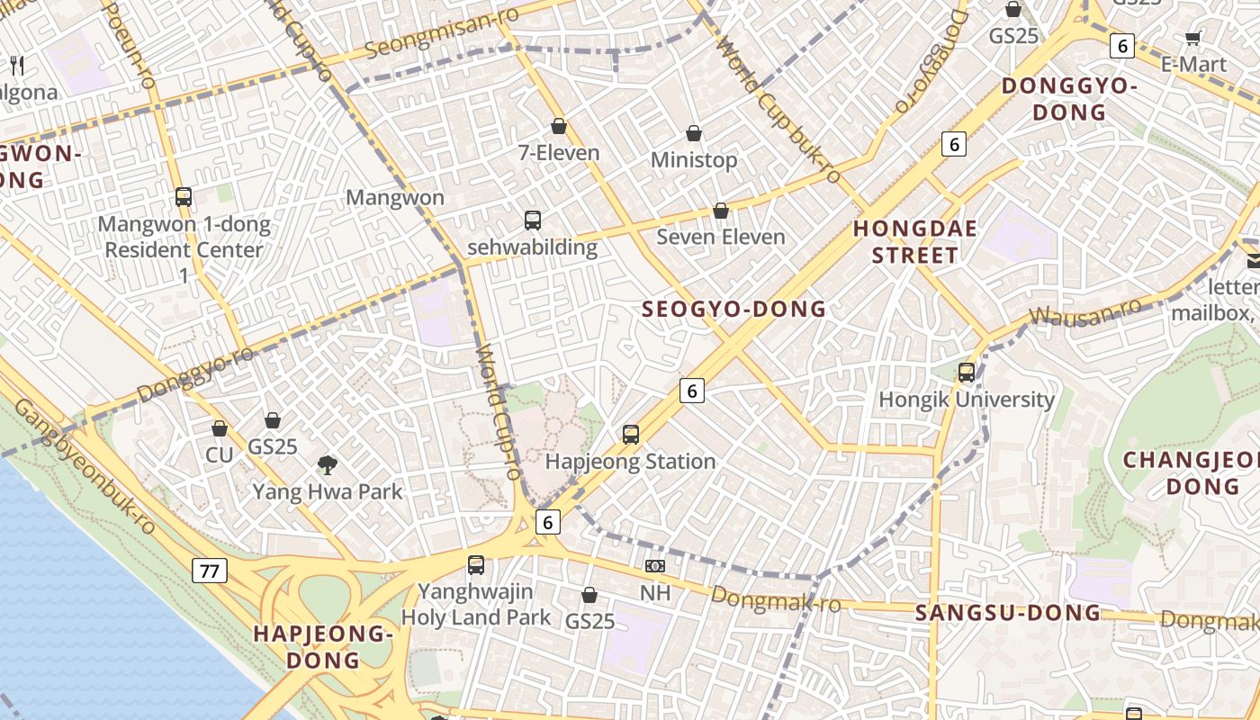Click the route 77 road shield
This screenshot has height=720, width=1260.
pos(210,570)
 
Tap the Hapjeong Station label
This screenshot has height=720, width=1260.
pos(630,462)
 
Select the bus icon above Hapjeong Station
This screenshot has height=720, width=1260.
pos(631,435)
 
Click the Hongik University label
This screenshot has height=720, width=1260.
pos(966,399)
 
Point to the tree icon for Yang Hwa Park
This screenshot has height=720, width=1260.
pos(328,465)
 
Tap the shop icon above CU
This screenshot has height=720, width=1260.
pos(220,428)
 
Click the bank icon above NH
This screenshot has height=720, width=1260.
pos(655,566)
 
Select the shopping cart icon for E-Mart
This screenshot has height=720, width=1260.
pos(1193,38)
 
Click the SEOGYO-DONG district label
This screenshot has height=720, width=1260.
pos(733,310)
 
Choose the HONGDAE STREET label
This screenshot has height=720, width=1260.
pos(914,242)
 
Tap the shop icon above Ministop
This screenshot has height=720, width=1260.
pos(694,133)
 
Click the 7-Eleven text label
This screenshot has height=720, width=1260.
pos(558,153)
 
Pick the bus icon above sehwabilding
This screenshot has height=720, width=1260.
pos(533,220)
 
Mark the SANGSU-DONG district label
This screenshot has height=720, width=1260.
pos(1008,613)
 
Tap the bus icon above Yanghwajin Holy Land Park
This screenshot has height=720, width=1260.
pos(476,565)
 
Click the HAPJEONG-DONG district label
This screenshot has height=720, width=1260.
pos(323,646)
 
